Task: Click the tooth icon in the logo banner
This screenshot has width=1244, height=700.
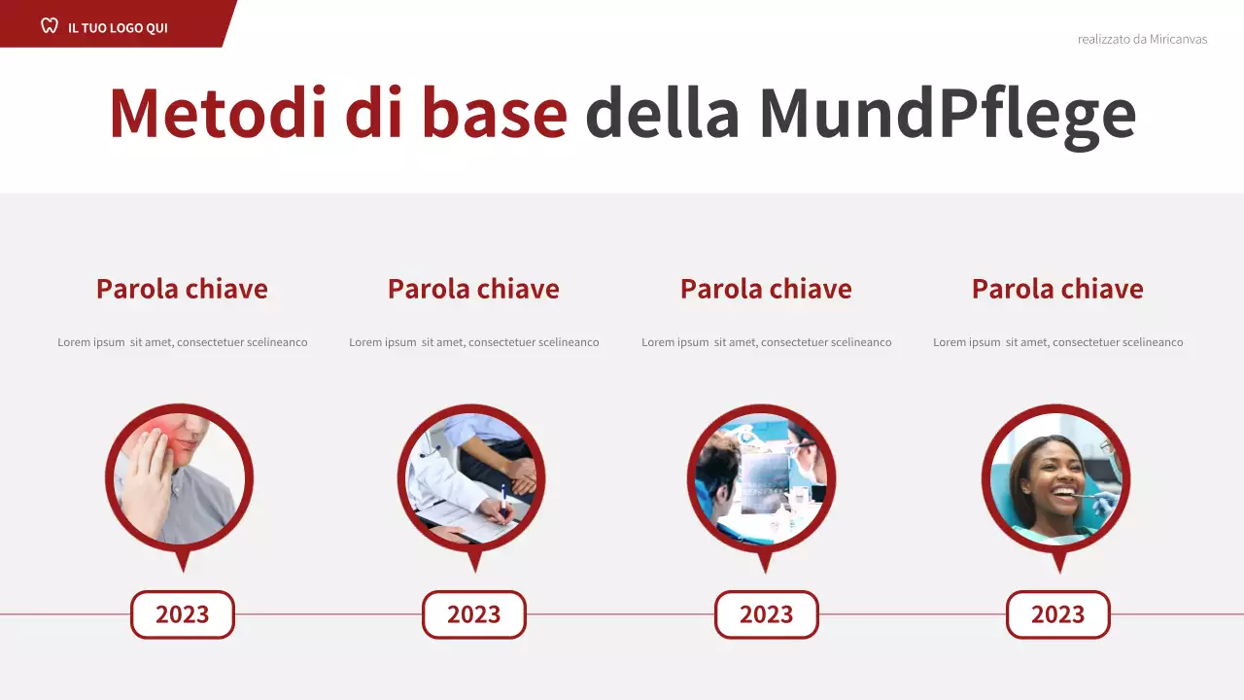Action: pos(50,26)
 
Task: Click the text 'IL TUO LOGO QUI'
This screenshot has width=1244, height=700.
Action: pos(118,27)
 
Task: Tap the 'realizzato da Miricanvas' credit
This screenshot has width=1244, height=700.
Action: pos(1142,39)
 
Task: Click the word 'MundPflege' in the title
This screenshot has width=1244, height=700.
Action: pos(947,115)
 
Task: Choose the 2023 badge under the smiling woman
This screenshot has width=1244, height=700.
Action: pos(1057,614)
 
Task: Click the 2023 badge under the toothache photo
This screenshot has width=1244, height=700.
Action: pos(183,614)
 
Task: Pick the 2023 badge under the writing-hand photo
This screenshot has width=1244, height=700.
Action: pos(474,614)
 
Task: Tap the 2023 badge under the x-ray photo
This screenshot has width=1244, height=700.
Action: pos(767,614)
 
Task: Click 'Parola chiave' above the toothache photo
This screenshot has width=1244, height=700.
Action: pos(182,289)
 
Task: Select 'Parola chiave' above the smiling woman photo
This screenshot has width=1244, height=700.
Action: pos(1057,289)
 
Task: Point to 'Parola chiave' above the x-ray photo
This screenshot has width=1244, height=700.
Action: pos(766,289)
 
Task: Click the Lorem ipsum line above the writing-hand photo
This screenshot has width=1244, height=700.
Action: pos(474,342)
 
